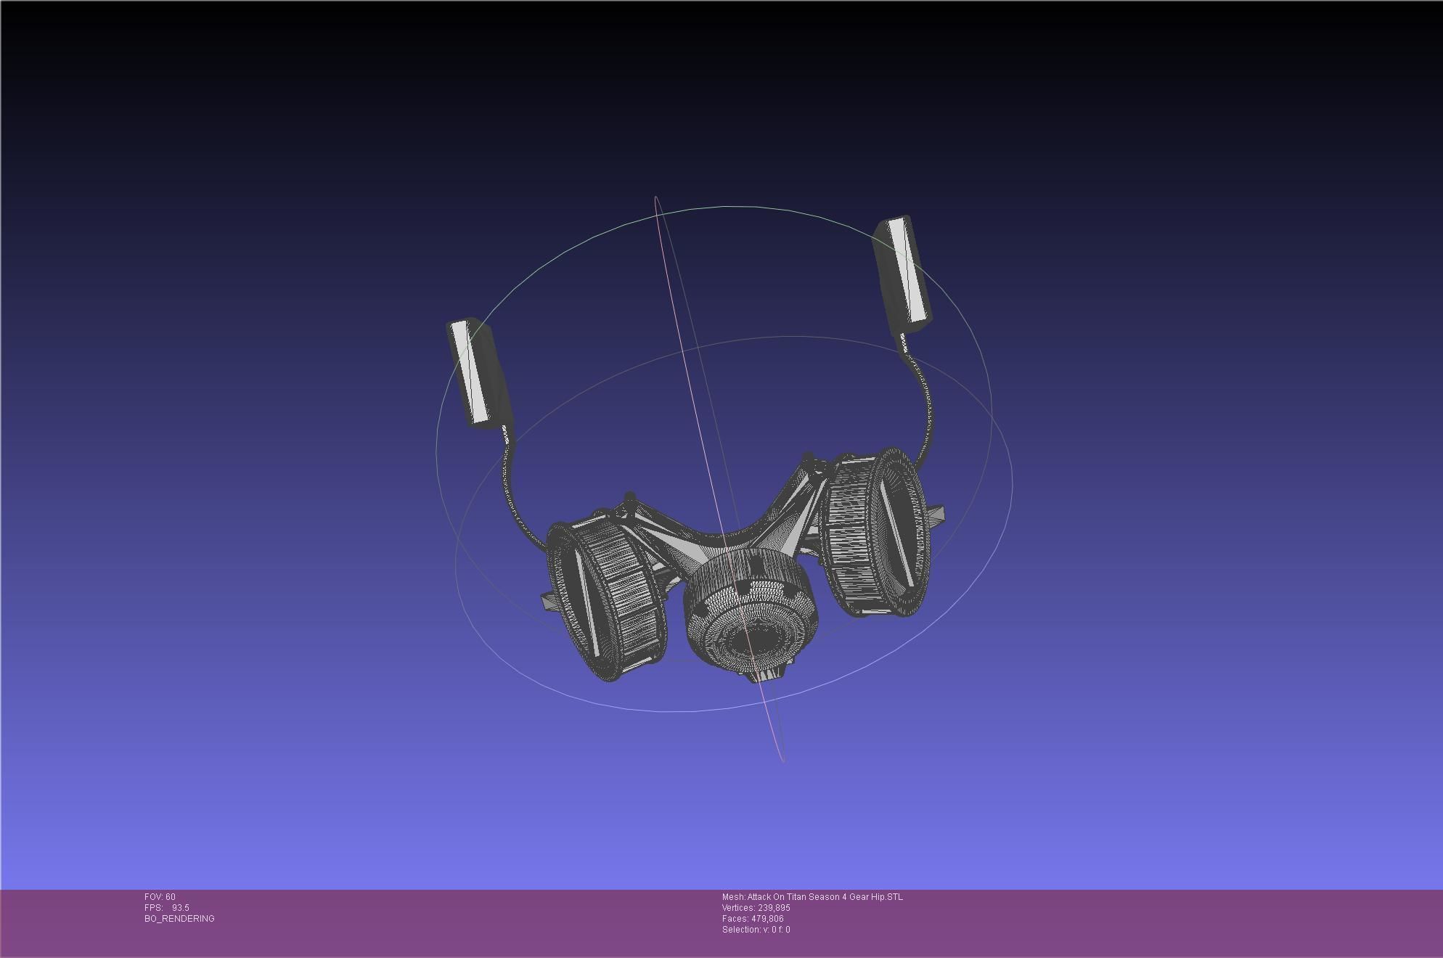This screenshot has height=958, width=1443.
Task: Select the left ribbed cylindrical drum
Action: point(608,599)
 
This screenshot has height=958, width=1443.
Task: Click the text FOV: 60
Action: point(160,897)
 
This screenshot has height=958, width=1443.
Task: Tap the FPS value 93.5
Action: point(180,908)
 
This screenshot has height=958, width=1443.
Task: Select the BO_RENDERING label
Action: point(179,919)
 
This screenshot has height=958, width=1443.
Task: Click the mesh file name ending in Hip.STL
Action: point(812,897)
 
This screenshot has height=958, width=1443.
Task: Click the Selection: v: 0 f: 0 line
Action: point(756,930)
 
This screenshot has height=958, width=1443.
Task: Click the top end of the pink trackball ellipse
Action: point(656,198)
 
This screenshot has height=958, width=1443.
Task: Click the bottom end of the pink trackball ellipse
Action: point(782,760)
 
